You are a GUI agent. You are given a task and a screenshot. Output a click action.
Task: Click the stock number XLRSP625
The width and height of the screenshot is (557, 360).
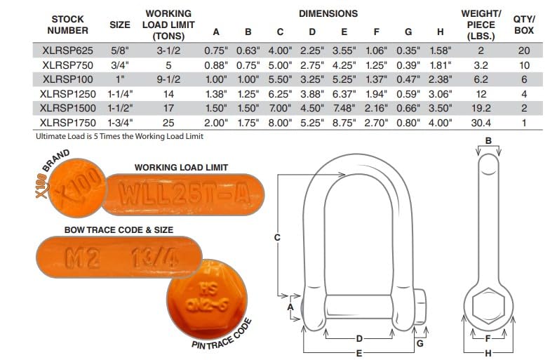[67, 51]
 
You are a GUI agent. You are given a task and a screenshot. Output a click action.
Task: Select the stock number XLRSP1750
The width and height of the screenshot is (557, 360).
[67, 123]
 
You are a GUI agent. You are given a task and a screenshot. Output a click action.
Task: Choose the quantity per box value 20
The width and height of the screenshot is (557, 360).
[523, 51]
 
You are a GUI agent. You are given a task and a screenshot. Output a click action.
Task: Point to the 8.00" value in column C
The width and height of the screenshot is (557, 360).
[280, 123]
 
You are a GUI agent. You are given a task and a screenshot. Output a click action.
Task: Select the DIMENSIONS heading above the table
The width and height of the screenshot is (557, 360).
[328, 13]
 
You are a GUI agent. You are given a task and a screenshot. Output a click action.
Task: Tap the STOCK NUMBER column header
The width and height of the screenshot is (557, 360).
[67, 25]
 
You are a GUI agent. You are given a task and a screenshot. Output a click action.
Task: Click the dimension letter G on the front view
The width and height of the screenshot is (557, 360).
[419, 343]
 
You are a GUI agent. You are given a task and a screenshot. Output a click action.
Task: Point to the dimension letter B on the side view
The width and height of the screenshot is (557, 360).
[488, 141]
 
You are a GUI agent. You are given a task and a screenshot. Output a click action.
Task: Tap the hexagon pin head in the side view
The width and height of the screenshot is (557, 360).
[488, 307]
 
